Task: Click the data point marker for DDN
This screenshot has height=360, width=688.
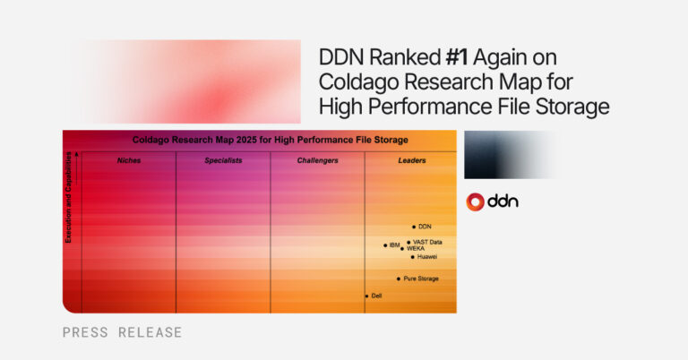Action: click(x=414, y=227)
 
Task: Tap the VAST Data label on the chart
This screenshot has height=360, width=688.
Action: click(x=428, y=242)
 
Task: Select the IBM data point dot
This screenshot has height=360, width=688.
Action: click(x=385, y=244)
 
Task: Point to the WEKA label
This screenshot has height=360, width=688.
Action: click(x=416, y=248)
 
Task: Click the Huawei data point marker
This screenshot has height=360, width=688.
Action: click(x=412, y=257)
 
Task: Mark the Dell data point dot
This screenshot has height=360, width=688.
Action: click(x=366, y=296)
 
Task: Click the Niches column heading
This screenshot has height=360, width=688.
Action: click(x=129, y=160)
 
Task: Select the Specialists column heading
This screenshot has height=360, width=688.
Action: click(x=223, y=160)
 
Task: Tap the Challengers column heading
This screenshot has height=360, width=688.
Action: click(x=317, y=160)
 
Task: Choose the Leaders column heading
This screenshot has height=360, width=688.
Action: click(x=412, y=160)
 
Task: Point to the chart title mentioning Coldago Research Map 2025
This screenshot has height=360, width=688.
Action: click(x=270, y=140)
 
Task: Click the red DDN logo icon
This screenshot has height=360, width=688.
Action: click(x=475, y=201)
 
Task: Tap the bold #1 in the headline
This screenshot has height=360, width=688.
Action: click(x=453, y=57)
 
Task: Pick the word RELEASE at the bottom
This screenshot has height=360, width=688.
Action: click(x=150, y=332)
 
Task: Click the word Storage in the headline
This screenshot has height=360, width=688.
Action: click(x=573, y=107)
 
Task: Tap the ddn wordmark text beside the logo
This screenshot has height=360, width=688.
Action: click(x=503, y=201)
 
